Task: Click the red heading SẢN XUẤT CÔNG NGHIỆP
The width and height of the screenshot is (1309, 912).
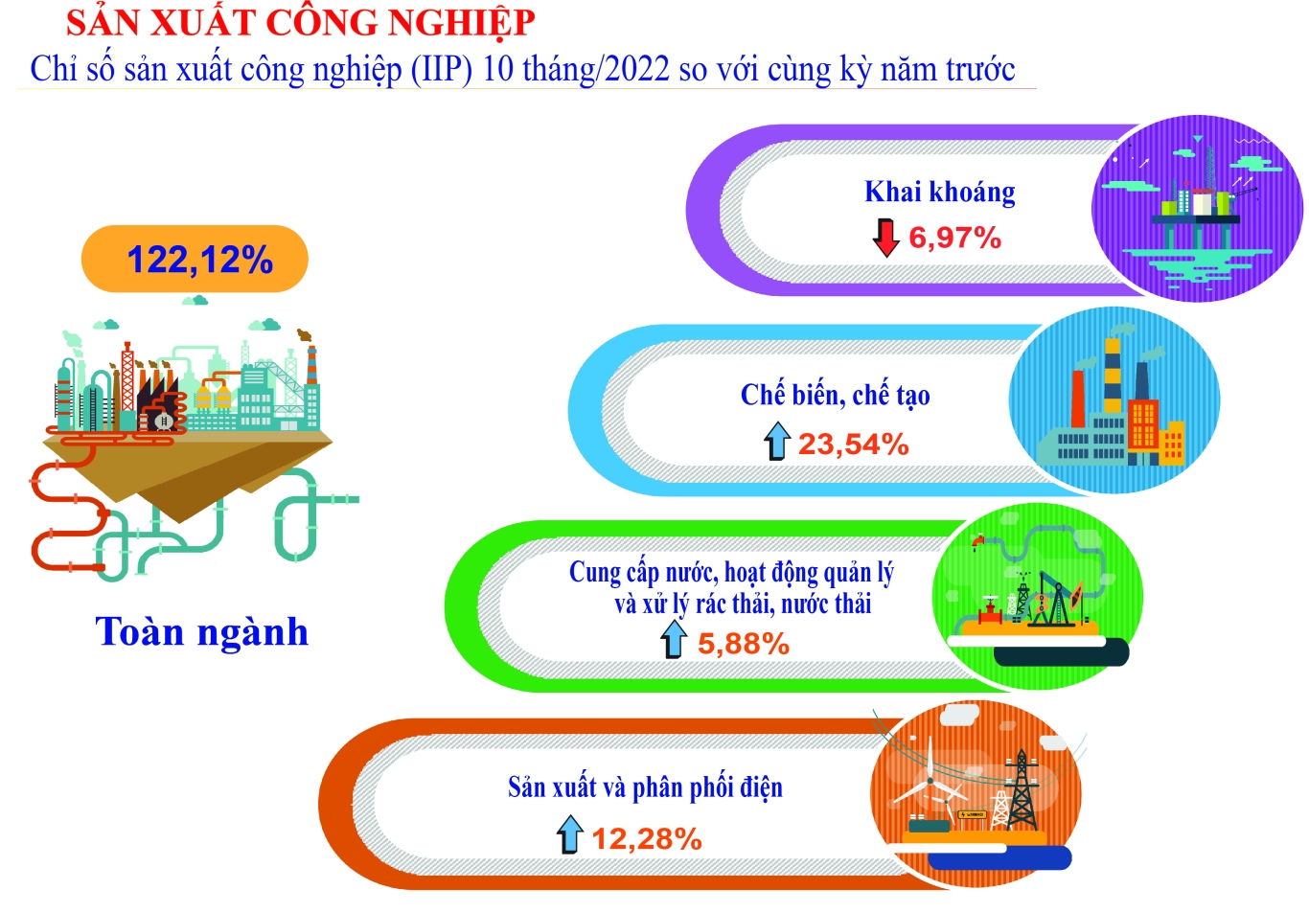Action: tap(300, 23)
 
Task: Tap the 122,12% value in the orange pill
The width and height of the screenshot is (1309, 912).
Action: tap(200, 260)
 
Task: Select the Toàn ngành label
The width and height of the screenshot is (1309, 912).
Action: tap(201, 632)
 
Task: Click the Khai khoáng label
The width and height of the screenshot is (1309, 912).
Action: tap(940, 193)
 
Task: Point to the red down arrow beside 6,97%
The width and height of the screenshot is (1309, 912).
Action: tap(885, 238)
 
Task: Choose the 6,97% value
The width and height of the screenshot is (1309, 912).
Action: tap(954, 239)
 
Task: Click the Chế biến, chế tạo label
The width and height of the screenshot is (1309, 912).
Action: tap(835, 395)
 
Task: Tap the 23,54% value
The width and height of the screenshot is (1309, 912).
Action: tap(854, 444)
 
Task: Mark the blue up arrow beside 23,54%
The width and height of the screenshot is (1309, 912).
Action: tap(777, 441)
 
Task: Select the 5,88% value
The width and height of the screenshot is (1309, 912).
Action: tap(744, 643)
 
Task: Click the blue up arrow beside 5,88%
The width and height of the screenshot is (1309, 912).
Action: tap(674, 639)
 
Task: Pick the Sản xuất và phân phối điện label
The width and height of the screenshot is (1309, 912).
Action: tap(645, 787)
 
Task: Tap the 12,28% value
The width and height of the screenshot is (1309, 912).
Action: tap(647, 839)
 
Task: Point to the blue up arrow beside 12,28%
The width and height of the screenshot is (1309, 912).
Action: tap(570, 834)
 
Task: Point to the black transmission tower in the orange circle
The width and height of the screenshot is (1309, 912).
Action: tap(1021, 790)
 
